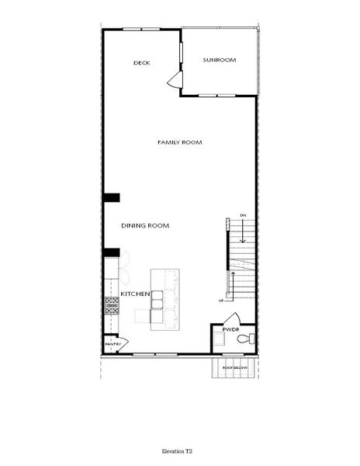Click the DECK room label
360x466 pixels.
tap(141, 63)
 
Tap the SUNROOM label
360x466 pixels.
tap(220, 60)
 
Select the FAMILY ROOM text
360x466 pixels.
tap(179, 142)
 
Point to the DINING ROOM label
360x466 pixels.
tap(145, 225)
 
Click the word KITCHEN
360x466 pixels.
tap(134, 294)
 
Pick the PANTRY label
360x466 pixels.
tap(112, 343)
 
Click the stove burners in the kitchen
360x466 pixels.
tap(112, 305)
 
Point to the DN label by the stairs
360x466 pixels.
tap(243, 214)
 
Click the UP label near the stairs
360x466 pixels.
tap(220, 300)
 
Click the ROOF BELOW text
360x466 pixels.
tap(234, 367)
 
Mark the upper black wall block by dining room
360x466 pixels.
tap(111, 198)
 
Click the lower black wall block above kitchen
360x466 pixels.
tap(111, 252)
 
